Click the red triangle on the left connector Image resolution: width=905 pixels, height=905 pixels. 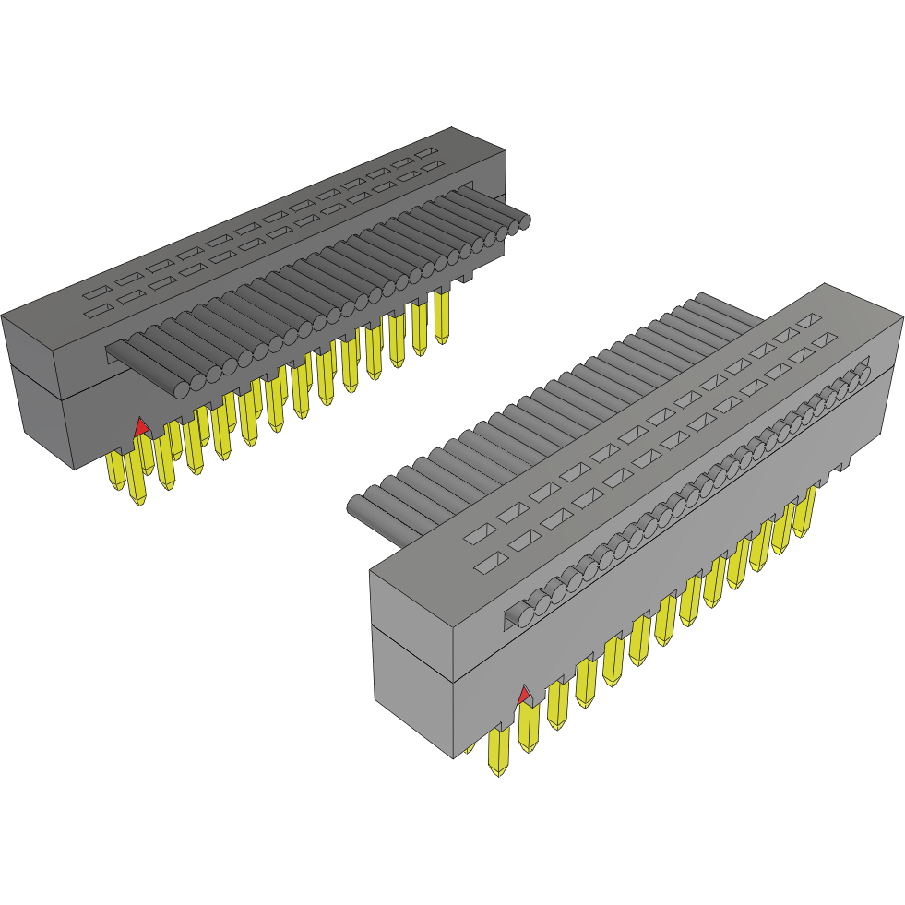pyautogui.click(x=140, y=426)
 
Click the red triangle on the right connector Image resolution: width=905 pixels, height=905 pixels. pyautogui.click(x=524, y=695)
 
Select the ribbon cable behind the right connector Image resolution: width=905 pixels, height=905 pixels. pyautogui.click(x=554, y=415)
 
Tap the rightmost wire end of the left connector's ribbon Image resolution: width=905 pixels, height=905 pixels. pyautogui.click(x=524, y=221)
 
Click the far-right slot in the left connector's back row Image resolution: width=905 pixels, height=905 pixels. pyautogui.click(x=426, y=151)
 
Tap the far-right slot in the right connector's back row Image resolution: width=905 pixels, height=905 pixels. pyautogui.click(x=808, y=320)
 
